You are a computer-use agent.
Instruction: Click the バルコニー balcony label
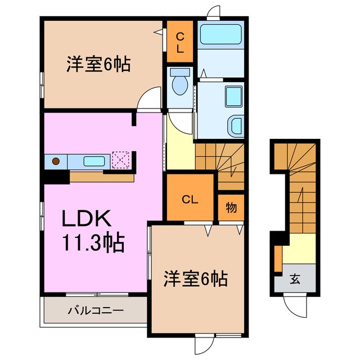(96, 310)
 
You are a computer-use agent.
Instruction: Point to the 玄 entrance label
(295, 278)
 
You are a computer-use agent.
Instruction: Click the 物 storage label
(231, 208)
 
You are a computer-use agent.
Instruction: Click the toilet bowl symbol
(181, 85)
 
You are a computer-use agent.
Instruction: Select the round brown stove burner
(56, 161)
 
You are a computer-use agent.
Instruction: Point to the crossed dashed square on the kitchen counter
(121, 160)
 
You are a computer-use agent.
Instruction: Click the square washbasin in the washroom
(232, 96)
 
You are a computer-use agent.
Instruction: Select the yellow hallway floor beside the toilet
(179, 146)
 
